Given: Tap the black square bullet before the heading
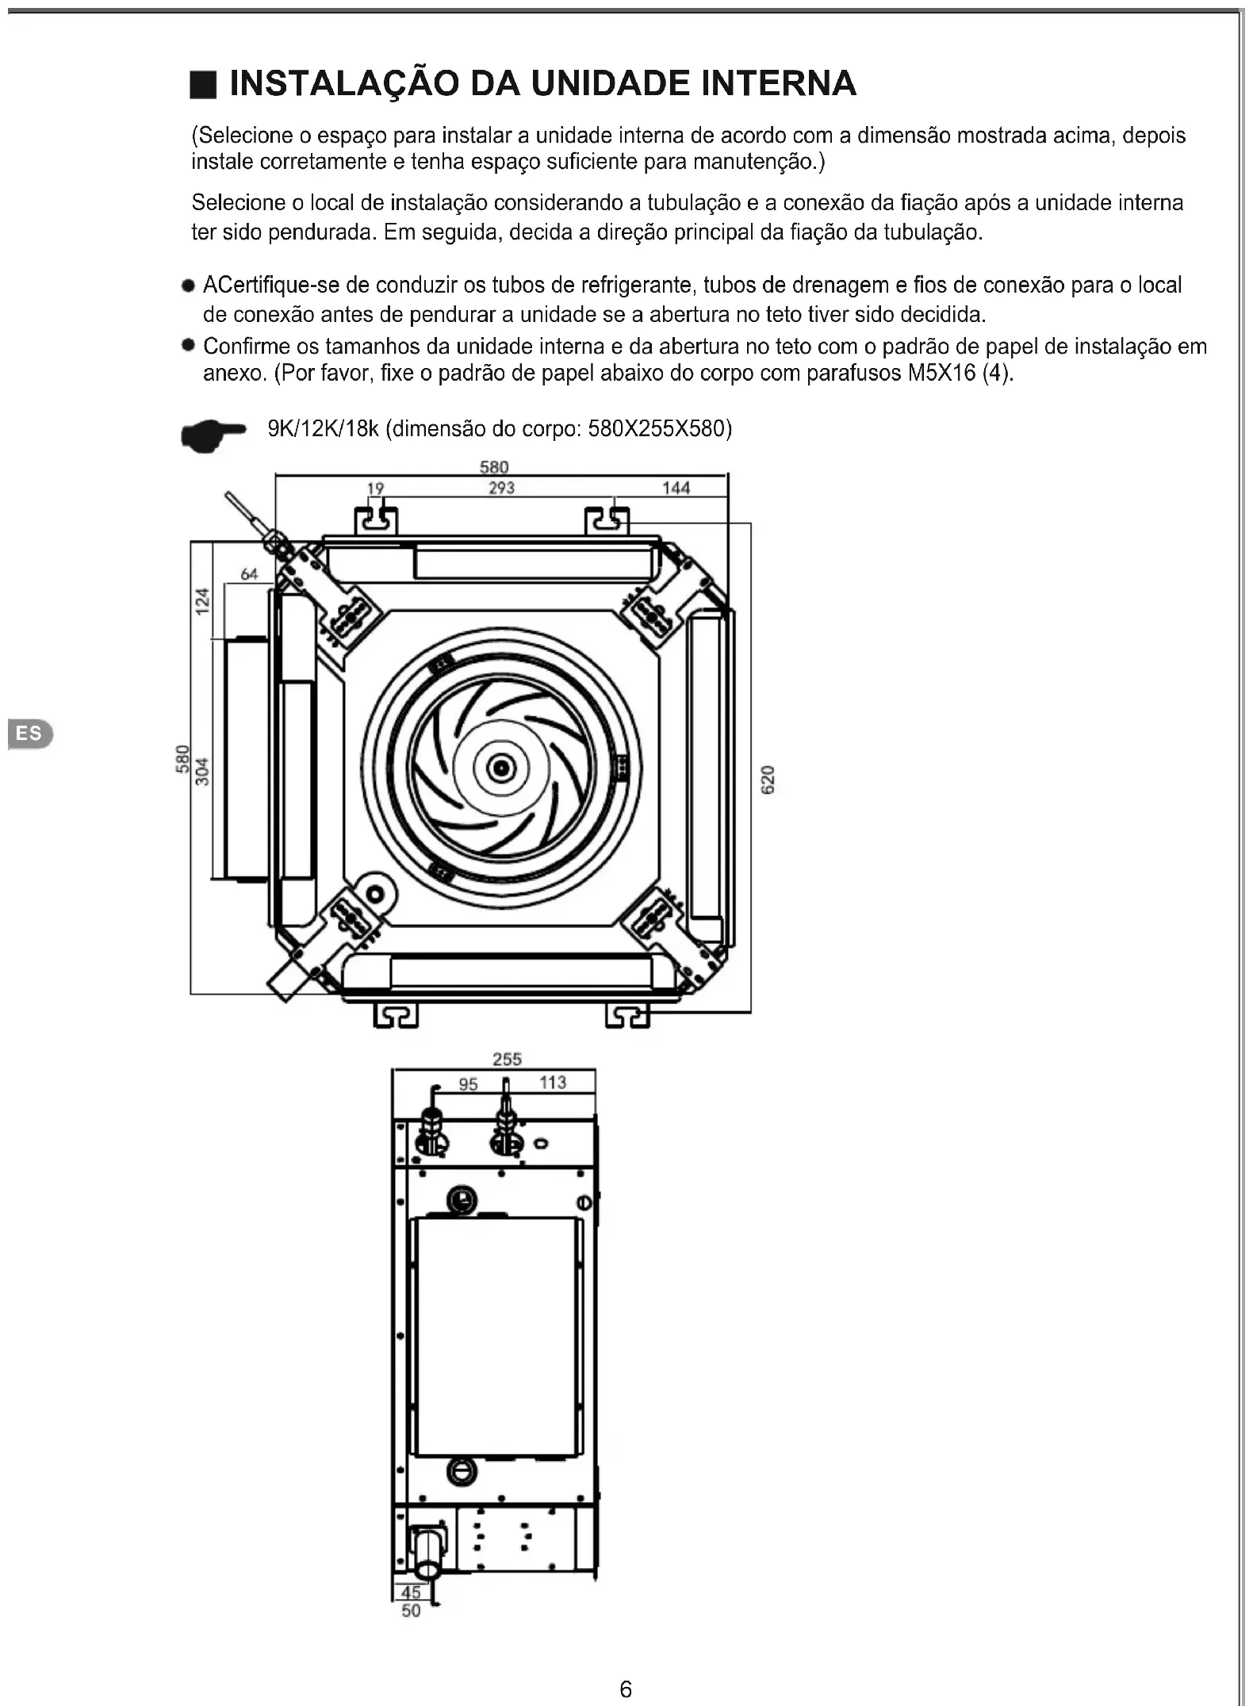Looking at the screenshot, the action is tap(203, 84).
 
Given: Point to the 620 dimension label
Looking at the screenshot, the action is tap(768, 780).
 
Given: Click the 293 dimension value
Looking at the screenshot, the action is tap(501, 488).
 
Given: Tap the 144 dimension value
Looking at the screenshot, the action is tap(676, 488).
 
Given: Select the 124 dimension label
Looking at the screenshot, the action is tap(203, 601).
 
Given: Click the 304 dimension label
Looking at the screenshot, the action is tap(203, 772).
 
